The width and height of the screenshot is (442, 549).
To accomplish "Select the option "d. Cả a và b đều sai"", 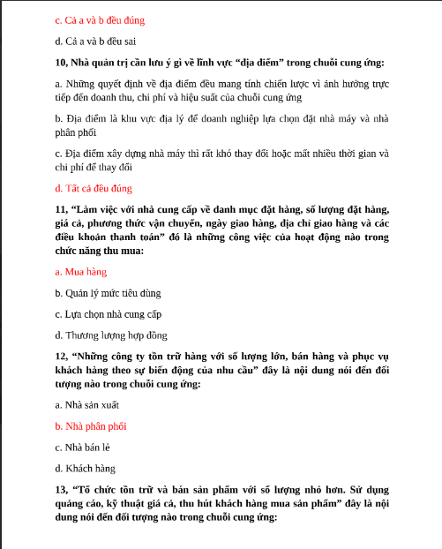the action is click(95, 41).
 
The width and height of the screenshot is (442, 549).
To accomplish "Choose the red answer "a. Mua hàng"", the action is click(80, 272).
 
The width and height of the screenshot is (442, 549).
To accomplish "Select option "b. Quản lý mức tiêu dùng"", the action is click(108, 293).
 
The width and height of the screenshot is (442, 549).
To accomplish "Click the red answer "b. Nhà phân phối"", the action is click(90, 426).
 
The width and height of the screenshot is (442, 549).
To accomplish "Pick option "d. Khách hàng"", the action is click(85, 469).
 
